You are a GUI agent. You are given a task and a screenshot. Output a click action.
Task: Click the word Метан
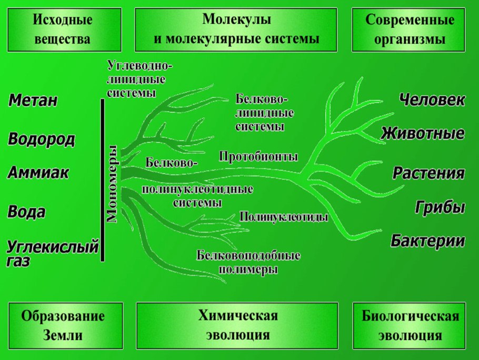(33, 101)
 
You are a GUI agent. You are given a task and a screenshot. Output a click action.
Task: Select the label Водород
(42, 139)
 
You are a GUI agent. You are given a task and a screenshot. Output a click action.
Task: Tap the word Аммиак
(38, 172)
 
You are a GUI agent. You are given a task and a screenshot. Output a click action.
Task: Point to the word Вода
(26, 212)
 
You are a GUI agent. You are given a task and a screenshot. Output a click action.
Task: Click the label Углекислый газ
(53, 252)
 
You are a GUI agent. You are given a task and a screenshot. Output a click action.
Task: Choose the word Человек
(432, 100)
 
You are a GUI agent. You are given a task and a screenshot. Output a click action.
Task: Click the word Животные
(423, 133)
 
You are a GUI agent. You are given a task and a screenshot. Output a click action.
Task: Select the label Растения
(429, 173)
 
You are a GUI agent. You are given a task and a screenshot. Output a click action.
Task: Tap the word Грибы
(440, 207)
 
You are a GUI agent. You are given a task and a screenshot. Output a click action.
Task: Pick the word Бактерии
(428, 241)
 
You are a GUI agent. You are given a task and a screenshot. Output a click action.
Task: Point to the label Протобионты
(258, 156)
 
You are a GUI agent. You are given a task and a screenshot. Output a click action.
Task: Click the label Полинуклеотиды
(284, 216)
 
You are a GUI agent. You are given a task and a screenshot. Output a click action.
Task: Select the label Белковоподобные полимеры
(248, 262)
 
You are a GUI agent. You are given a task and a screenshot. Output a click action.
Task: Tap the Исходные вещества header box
(63, 29)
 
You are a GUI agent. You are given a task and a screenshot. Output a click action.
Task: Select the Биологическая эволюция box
(410, 326)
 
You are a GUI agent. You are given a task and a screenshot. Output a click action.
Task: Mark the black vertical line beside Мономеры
(102, 179)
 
